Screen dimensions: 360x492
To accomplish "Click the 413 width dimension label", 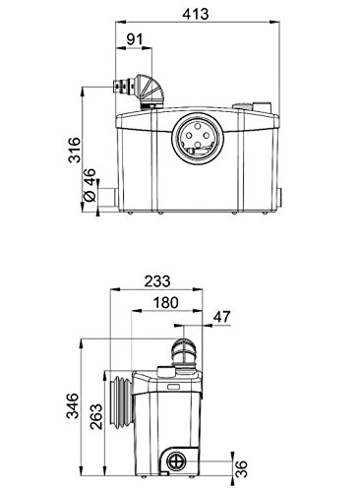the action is coord(196,14).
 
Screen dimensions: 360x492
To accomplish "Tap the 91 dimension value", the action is coord(135,39).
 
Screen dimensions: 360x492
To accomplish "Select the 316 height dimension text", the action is coord(74,151).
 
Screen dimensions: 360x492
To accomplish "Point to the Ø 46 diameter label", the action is coord(90,185).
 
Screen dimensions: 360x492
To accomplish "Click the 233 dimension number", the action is coord(157,281).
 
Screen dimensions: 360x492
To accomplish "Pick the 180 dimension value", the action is coord(166,302).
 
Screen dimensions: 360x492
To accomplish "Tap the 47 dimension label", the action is coord(222,317).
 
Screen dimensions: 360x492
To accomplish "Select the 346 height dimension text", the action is coord(73,406).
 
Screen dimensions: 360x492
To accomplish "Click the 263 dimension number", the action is coord(96,417).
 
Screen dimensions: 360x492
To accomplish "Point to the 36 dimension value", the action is coord(241,469).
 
